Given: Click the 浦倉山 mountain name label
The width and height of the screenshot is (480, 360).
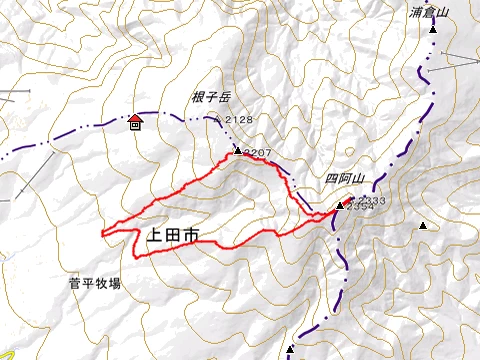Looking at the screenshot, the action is click(431, 13).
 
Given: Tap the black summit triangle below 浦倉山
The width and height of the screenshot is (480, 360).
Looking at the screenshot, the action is click(433, 30).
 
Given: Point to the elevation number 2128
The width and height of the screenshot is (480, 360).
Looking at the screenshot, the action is click(239, 120).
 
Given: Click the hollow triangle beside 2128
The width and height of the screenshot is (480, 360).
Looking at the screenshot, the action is click(218, 117).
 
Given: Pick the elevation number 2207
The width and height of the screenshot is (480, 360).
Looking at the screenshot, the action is click(258, 152).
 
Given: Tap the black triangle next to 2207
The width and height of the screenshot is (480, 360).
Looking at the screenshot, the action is click(238, 151).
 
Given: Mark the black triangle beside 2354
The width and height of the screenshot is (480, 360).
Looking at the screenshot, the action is click(339, 207).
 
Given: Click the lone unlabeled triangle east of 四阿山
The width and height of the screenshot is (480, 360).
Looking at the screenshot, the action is click(423, 226).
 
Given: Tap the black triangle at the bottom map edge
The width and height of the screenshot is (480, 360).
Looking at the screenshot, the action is click(289, 350).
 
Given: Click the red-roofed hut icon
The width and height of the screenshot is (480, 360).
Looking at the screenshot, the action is click(135, 123).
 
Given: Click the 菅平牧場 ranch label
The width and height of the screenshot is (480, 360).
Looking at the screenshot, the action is click(95, 284).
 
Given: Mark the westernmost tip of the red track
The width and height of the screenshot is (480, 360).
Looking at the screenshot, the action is click(102, 233).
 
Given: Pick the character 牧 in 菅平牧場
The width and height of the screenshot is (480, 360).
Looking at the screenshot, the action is click(101, 284).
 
